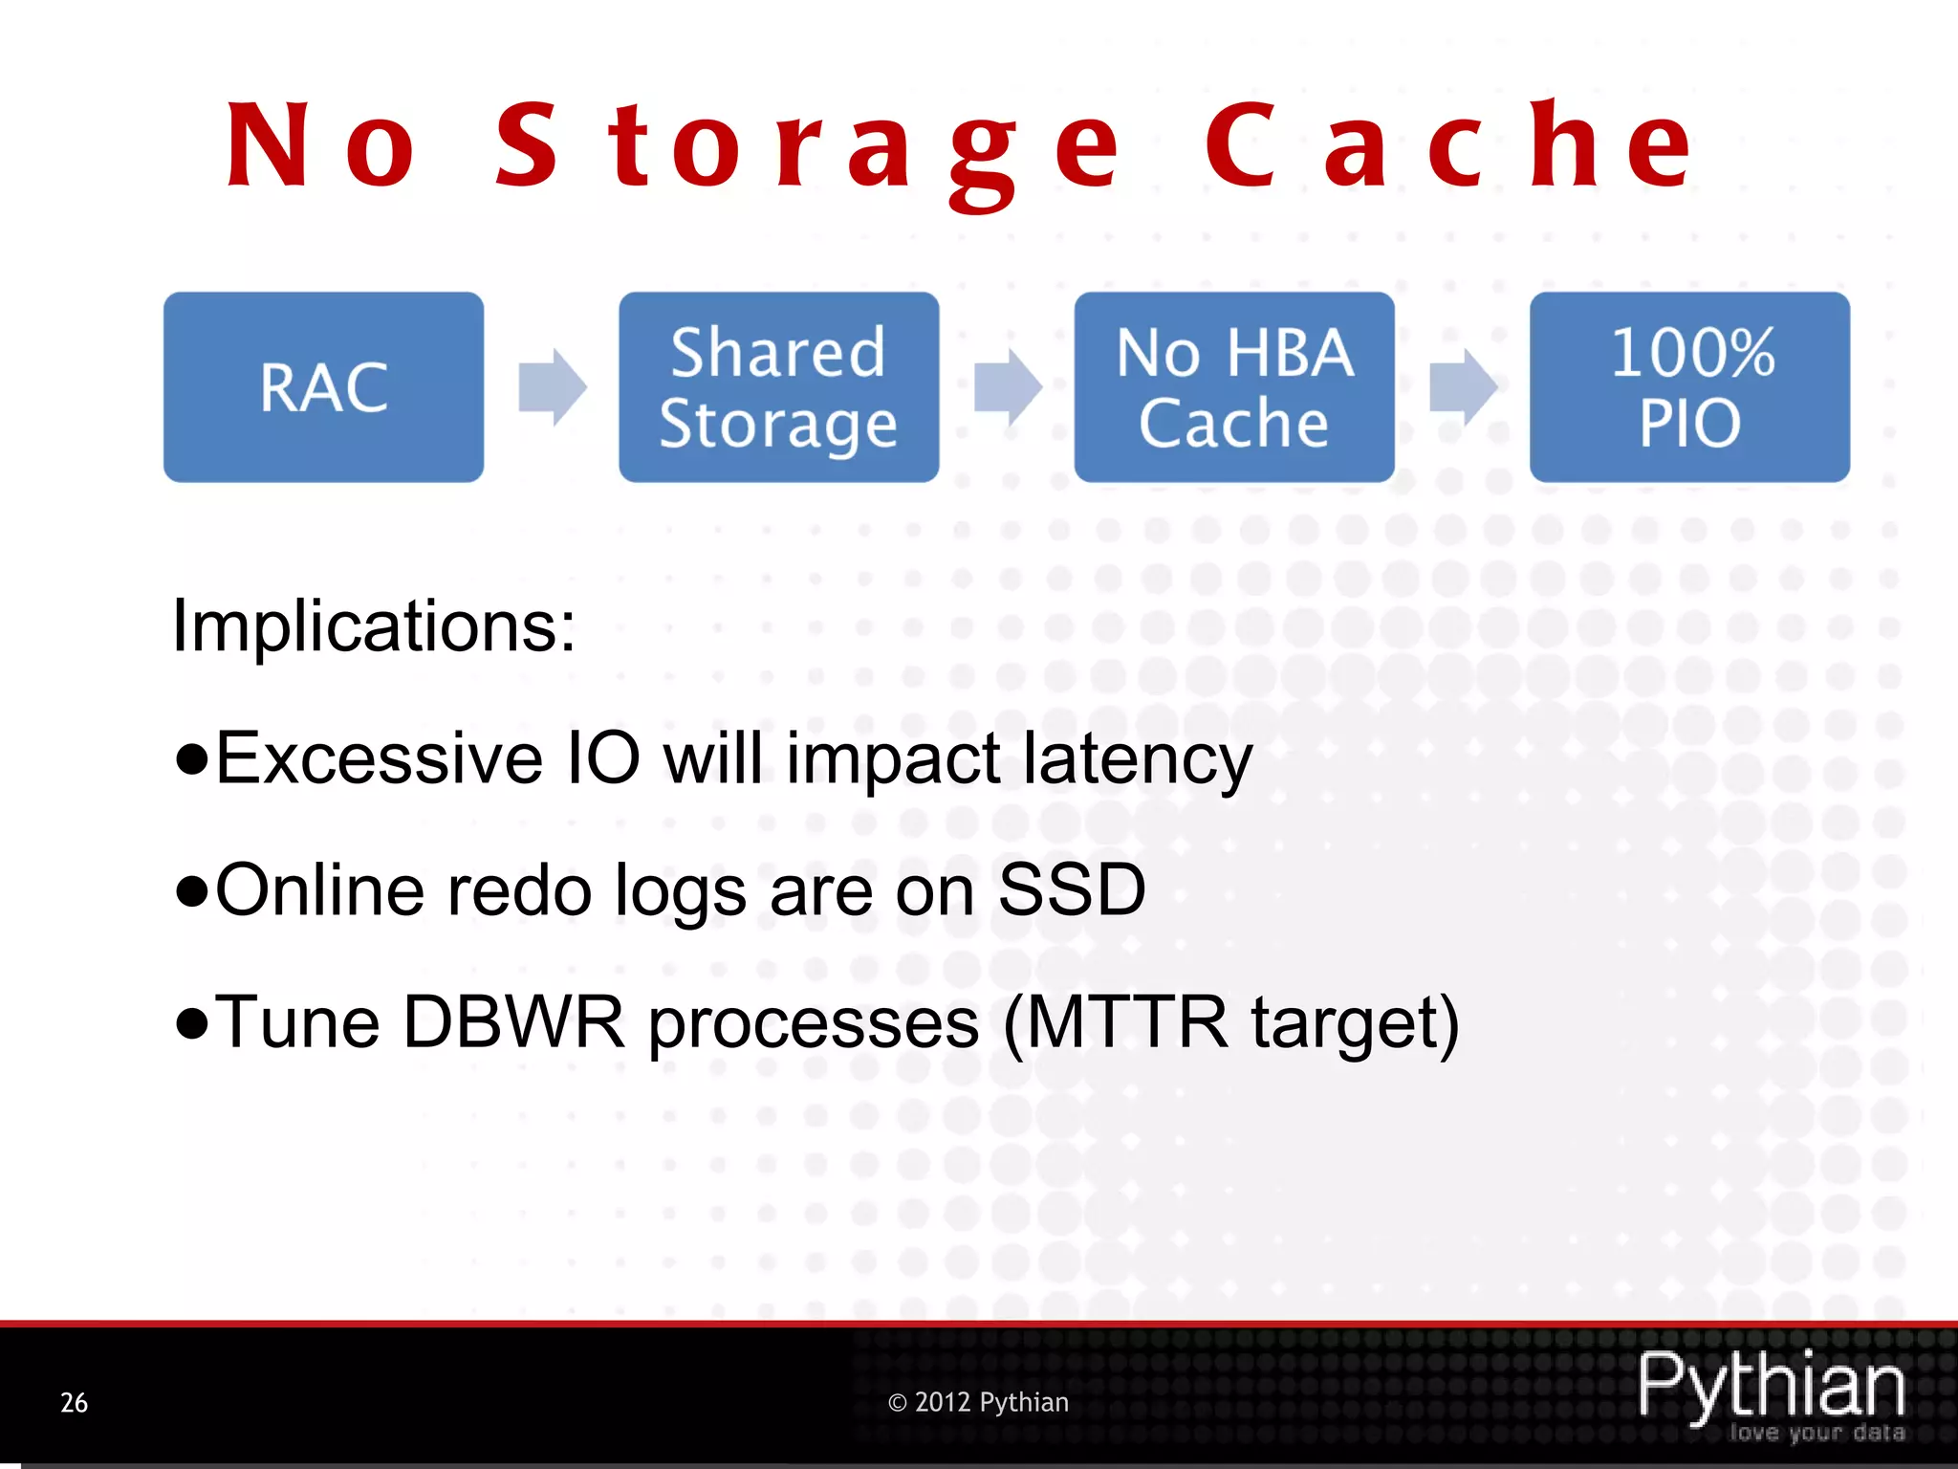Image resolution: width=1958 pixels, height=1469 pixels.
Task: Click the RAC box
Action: pyautogui.click(x=323, y=387)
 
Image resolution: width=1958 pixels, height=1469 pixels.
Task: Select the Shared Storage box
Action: pyautogui.click(x=778, y=387)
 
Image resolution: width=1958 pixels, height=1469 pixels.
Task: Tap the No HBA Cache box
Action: pyautogui.click(x=1233, y=387)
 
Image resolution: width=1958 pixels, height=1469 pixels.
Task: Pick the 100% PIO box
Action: pyautogui.click(x=1689, y=387)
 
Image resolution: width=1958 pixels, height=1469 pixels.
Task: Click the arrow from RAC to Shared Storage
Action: pyautogui.click(x=552, y=387)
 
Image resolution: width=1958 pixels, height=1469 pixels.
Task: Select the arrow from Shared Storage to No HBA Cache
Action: pyautogui.click(x=1008, y=387)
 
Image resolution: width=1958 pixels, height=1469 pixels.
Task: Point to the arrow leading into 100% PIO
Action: pyautogui.click(x=1463, y=387)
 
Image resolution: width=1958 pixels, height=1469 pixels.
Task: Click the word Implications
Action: pyautogui.click(x=374, y=626)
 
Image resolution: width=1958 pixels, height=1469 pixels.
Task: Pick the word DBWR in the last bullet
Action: pyautogui.click(x=513, y=1022)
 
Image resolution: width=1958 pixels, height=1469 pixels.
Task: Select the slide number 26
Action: pyautogui.click(x=74, y=1403)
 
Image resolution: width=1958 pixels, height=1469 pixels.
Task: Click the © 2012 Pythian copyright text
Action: pyautogui.click(x=978, y=1403)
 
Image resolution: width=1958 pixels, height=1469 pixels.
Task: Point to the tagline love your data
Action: pyautogui.click(x=1817, y=1433)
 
